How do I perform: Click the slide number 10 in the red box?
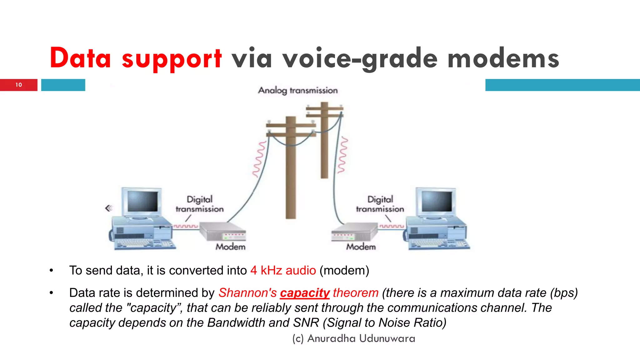coord(19,85)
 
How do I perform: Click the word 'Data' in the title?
coord(80,58)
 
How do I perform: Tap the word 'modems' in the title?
coord(503,59)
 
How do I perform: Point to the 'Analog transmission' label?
coord(298,90)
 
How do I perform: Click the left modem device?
coord(222,232)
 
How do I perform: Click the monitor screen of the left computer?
coord(142,202)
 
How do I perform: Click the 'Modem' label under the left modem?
coord(231,247)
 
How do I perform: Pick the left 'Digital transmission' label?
coord(200,204)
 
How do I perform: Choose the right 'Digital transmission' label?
coord(380,204)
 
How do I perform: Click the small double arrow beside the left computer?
coord(108,208)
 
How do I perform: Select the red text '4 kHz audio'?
coord(283,270)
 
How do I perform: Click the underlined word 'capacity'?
coord(305,293)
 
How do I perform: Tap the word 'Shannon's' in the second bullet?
coord(247,293)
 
